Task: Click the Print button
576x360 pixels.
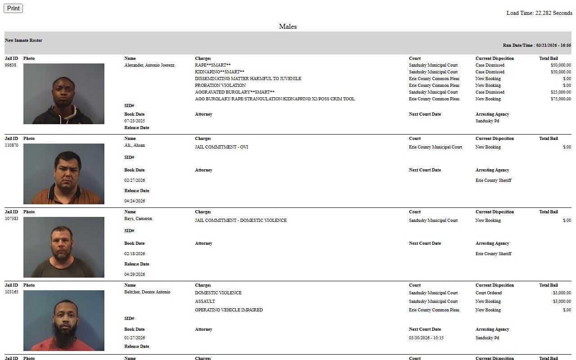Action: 13,8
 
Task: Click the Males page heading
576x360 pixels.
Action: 288,27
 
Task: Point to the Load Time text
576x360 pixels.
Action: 539,13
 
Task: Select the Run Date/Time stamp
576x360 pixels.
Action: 537,45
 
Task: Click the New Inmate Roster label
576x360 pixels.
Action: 23,40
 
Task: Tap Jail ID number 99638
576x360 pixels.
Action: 10,65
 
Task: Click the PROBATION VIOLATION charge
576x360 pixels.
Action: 220,85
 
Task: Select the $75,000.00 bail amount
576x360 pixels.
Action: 560,99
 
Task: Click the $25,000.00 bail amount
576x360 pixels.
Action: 560,92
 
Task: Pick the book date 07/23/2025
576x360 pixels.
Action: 135,121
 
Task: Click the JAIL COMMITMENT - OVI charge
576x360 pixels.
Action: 221,147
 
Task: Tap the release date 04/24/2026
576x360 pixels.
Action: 135,201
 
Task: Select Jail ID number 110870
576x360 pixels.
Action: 12,145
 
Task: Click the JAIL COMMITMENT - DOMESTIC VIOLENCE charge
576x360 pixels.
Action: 240,220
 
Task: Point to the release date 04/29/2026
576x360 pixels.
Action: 135,274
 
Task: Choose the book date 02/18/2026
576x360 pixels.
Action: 135,254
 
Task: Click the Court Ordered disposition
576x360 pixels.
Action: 488,293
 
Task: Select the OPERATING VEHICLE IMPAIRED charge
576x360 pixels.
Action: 229,310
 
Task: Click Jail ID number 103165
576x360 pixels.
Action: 12,292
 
